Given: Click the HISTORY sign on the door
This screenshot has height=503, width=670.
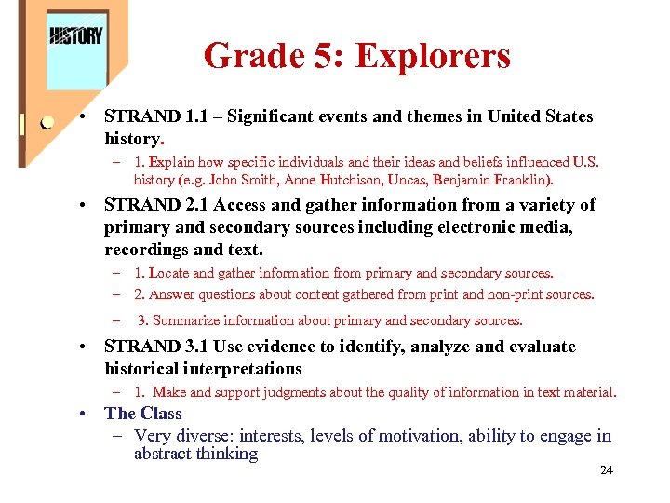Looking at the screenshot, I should point(75,36).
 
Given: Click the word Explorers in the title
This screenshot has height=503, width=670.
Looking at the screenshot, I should point(433,56).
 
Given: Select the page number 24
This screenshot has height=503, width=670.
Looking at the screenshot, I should point(606,470).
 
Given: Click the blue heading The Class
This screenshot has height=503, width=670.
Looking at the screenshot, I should point(143,414).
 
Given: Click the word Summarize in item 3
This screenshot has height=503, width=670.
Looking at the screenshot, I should point(186,320).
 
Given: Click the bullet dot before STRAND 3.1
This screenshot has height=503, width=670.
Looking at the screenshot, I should point(84,347).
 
